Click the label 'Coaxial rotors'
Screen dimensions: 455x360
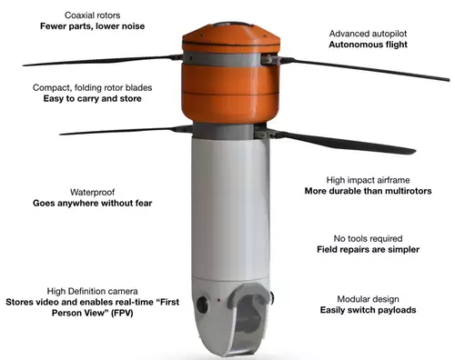92,15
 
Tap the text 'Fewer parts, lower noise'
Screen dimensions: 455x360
92,26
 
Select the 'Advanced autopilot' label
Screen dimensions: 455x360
368,34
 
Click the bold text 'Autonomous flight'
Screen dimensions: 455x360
368,45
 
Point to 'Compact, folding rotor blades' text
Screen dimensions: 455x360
92,87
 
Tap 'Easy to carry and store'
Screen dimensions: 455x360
92,98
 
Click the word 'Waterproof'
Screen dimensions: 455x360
92,192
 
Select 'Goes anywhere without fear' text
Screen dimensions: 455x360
92,203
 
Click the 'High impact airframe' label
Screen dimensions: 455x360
368,180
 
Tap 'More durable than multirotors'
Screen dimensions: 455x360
368,191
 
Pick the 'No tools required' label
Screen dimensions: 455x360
368,238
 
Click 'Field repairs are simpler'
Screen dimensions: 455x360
368,249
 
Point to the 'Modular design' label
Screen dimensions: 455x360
368,299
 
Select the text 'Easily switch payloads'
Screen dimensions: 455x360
368,310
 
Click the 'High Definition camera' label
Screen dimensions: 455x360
92,291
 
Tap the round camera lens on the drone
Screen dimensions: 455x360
202,305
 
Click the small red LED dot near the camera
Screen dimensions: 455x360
218,300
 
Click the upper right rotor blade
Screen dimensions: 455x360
364,69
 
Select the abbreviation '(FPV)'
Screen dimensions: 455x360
122,313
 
